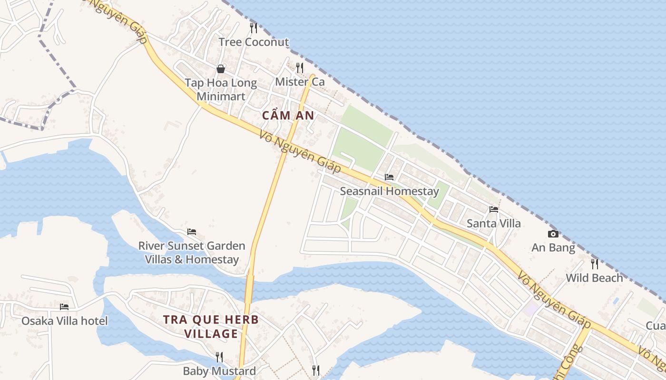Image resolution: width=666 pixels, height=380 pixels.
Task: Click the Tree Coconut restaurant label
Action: click(254, 42)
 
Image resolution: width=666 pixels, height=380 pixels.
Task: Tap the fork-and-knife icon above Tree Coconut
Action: click(254, 28)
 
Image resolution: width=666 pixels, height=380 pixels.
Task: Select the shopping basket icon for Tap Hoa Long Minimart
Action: click(221, 69)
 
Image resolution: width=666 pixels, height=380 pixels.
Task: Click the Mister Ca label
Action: click(300, 82)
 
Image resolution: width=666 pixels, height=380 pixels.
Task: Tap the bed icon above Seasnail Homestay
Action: click(389, 177)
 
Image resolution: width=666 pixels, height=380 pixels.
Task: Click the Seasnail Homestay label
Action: click(389, 191)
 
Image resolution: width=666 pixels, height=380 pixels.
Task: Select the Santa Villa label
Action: click(493, 223)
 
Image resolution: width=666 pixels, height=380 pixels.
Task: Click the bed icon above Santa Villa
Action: click(493, 209)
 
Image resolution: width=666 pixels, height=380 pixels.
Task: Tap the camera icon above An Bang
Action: click(553, 234)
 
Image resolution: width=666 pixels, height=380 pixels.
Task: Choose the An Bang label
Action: click(553, 247)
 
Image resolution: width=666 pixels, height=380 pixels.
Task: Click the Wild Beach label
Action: click(594, 278)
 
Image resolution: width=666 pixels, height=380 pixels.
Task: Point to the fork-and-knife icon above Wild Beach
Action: click(594, 264)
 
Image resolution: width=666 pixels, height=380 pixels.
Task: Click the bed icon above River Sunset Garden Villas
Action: click(192, 232)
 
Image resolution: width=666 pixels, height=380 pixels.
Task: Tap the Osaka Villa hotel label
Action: click(65, 321)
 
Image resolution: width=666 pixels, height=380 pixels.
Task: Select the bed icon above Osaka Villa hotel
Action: click(64, 306)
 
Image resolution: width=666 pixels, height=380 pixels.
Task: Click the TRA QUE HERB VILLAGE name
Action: click(211, 326)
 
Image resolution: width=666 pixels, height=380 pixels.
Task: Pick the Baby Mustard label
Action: click(219, 371)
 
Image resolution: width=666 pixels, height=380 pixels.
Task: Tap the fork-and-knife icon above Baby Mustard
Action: click(219, 357)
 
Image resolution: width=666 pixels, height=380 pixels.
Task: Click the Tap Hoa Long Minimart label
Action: click(221, 89)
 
